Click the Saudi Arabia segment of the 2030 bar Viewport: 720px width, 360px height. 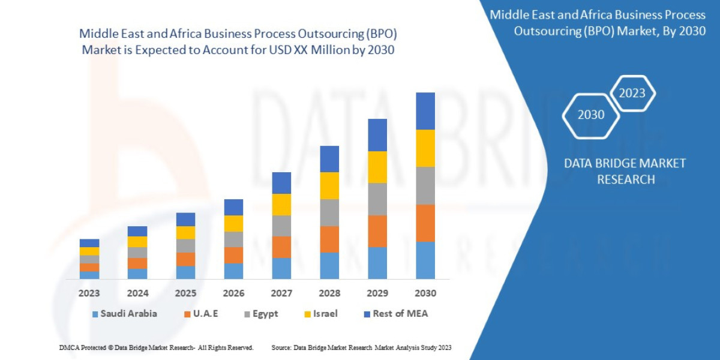425,260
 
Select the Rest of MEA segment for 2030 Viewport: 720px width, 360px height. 425,111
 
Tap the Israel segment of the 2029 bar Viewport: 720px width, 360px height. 377,167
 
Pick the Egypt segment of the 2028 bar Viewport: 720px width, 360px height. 329,212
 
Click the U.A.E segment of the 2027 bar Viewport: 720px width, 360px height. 281,247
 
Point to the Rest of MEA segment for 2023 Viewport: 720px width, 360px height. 89,243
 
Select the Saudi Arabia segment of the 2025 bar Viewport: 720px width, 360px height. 185,272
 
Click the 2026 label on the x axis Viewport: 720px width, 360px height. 233,293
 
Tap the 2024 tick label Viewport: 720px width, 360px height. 137,293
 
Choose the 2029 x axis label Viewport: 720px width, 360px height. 377,293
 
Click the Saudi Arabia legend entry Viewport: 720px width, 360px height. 125,313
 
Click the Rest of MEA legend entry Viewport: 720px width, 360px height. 396,313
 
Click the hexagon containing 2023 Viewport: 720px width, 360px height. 632,93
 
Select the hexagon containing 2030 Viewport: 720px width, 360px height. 591,115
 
